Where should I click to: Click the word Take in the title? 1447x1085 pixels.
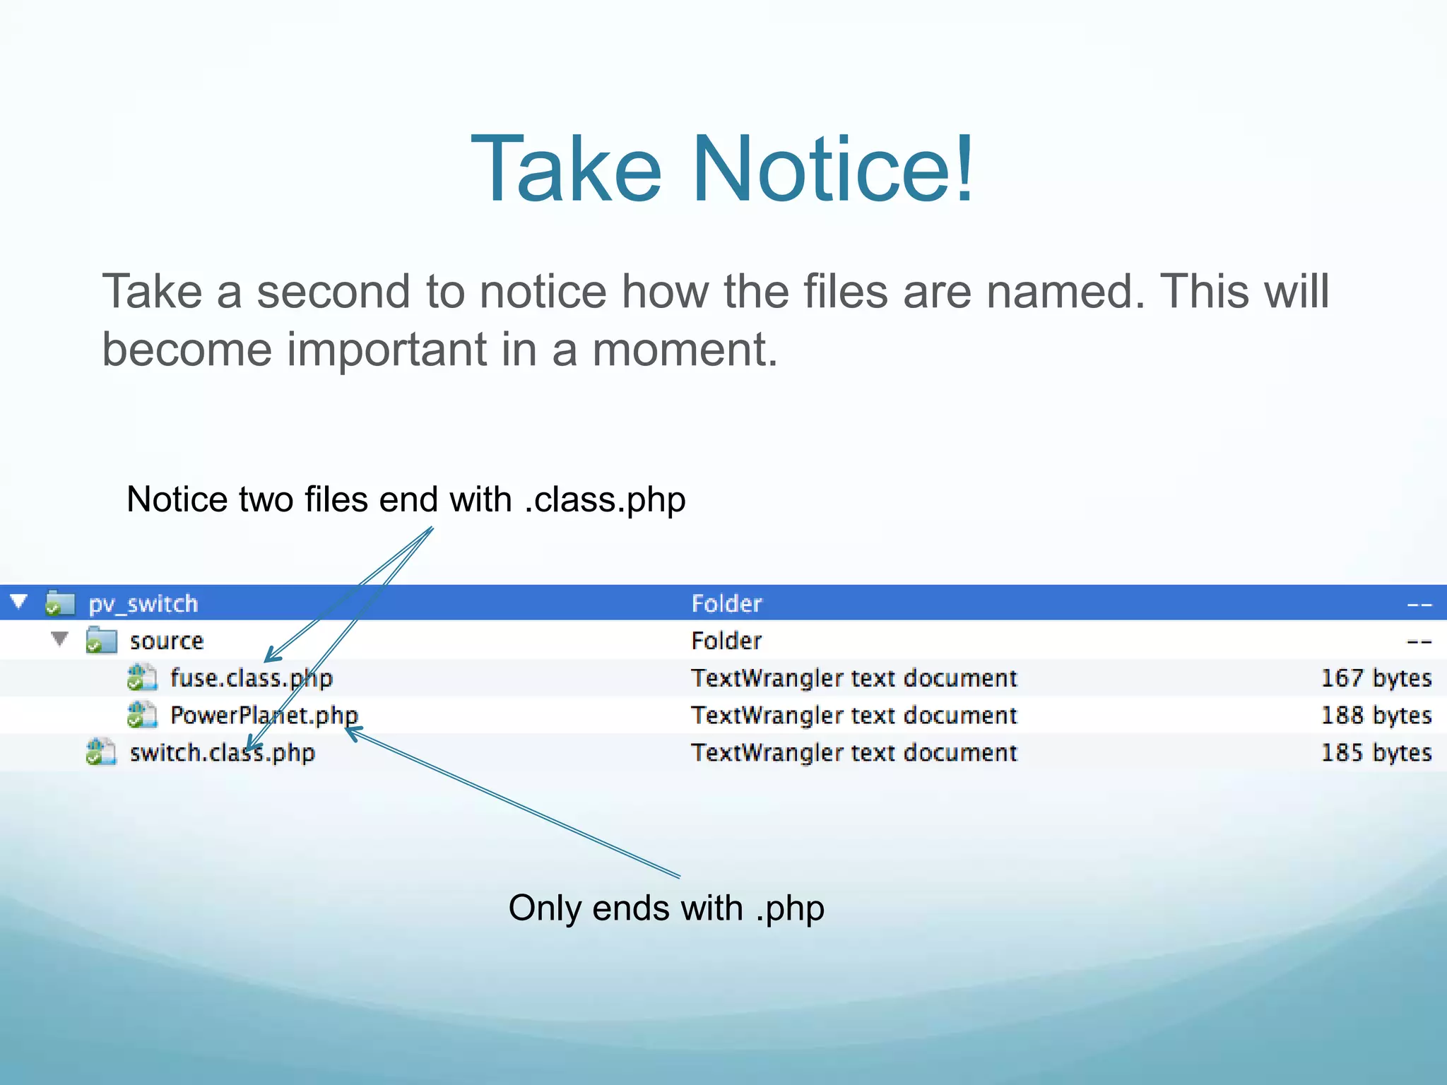[566, 170]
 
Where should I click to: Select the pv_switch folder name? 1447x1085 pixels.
[143, 604]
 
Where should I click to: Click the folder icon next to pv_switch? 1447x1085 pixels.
[60, 604]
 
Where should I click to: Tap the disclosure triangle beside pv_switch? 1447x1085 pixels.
[19, 603]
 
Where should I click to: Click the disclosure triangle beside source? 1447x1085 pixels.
[60, 639]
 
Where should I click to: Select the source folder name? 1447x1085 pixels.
[167, 641]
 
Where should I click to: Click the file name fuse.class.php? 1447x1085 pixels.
[251, 678]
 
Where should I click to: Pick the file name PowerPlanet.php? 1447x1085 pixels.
[264, 716]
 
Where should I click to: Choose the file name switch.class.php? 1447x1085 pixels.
[222, 753]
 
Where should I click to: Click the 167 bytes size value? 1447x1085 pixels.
[1376, 678]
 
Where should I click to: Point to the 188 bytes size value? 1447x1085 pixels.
[1376, 716]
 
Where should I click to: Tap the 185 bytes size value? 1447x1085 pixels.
[1376, 753]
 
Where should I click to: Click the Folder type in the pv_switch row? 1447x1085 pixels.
[726, 604]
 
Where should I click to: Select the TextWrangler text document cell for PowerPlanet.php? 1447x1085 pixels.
[854, 716]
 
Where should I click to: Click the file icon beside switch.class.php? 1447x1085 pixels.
[101, 752]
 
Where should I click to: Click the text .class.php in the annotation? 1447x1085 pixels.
[605, 500]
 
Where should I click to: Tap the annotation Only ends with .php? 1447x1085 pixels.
[666, 908]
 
